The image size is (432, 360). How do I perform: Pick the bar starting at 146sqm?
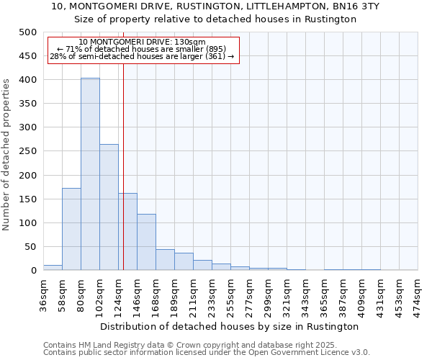[x=146, y=242]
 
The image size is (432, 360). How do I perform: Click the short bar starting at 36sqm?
[x=53, y=267]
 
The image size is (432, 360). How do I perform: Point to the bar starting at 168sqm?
[x=165, y=259]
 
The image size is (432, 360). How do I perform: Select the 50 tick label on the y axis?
[x=30, y=247]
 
